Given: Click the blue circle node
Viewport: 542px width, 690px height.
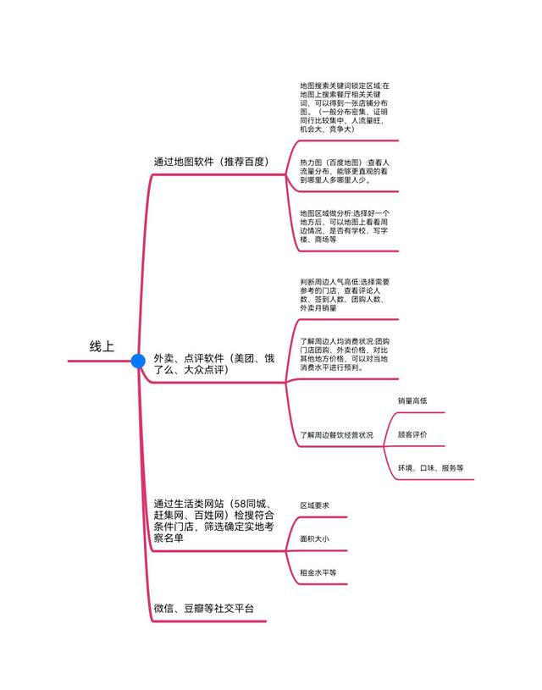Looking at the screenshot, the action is [x=138, y=361].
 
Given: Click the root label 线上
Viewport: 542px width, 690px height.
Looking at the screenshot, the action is [x=102, y=346].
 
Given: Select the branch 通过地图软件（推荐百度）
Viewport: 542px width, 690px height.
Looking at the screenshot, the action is [x=211, y=162].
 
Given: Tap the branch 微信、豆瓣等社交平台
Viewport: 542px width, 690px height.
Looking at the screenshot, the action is [x=204, y=608].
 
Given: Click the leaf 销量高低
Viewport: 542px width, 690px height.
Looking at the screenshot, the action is [x=412, y=400].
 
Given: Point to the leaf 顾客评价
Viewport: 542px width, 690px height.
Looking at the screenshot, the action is [x=412, y=434].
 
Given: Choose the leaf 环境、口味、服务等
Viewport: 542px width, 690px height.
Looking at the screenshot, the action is [x=430, y=468].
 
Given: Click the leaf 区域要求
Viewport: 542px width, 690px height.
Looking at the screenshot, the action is [x=314, y=505].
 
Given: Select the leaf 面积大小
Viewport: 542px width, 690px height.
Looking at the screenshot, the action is [x=314, y=538].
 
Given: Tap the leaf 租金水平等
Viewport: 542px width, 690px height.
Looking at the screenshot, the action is [x=318, y=572].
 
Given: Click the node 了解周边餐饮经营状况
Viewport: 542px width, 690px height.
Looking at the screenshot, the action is [x=336, y=435].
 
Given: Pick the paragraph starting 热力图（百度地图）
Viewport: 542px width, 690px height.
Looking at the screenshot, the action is [x=345, y=171].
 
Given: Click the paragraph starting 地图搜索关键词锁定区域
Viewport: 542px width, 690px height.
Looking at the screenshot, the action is [x=345, y=108].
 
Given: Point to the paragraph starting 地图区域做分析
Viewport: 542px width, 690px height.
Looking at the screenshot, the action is [x=345, y=226].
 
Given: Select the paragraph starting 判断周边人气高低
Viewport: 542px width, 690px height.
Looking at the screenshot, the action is [x=345, y=295].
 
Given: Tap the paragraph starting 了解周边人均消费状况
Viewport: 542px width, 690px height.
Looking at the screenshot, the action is [x=345, y=354].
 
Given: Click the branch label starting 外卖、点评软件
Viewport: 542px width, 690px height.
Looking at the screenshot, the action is [x=214, y=364].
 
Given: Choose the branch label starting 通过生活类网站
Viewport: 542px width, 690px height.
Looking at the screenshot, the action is [x=214, y=521].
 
